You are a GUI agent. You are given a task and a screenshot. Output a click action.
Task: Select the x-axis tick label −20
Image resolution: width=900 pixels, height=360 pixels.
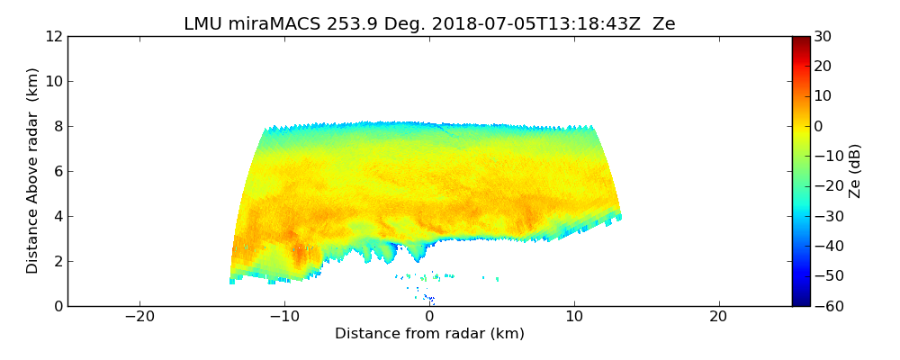[139, 317]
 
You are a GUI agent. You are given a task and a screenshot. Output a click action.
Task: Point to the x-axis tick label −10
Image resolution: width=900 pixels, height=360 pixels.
[284, 317]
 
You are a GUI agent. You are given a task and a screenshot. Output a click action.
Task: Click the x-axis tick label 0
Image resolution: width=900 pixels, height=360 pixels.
[429, 317]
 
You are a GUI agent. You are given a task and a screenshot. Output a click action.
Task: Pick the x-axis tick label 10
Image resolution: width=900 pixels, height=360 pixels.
[574, 317]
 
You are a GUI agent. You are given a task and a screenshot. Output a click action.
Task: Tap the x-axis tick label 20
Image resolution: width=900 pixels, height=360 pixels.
[718, 317]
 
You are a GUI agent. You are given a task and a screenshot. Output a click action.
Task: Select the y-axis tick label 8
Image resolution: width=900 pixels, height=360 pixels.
[58, 126]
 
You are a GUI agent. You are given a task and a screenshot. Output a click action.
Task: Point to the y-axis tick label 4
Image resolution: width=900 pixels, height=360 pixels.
[58, 216]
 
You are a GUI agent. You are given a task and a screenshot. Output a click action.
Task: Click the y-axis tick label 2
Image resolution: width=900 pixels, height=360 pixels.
[58, 261]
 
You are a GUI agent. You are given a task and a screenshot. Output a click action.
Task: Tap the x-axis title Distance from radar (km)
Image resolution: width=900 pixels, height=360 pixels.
[429, 334]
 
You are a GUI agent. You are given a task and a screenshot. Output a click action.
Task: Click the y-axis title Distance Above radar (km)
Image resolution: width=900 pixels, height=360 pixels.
[33, 170]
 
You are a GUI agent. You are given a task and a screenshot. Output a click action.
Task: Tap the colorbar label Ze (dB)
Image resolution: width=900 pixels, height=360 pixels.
[855, 170]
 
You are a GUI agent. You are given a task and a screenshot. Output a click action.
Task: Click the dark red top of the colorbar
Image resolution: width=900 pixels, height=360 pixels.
[801, 40]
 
